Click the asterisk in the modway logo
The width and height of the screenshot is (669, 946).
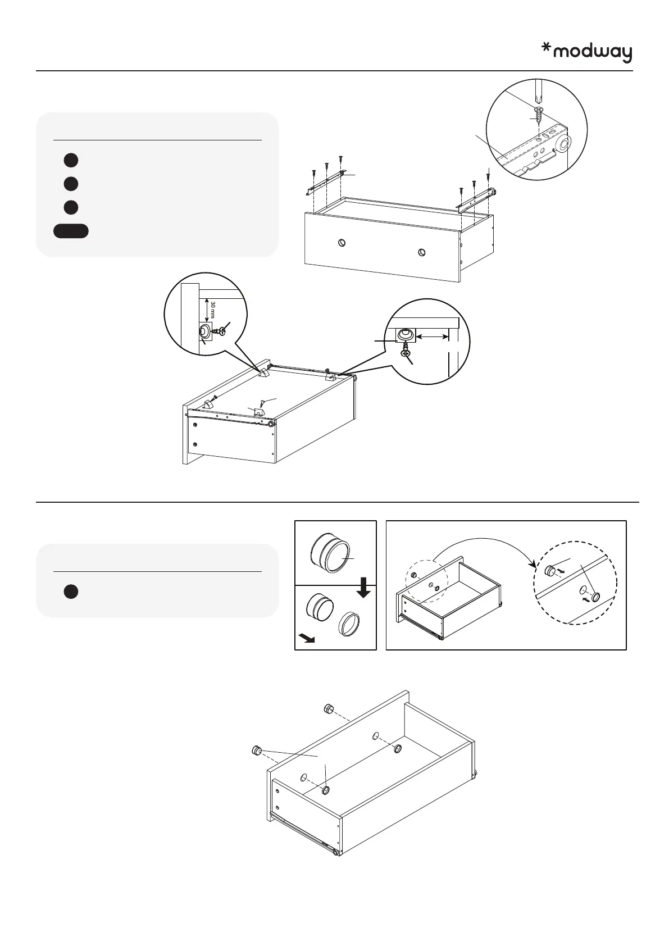[545, 49]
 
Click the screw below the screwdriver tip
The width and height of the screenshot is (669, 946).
[539, 115]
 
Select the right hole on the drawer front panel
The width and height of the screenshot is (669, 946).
[421, 252]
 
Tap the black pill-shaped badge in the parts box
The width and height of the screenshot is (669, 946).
[71, 231]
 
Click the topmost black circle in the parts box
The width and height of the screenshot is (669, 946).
[70, 160]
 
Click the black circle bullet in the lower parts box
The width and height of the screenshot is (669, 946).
[70, 592]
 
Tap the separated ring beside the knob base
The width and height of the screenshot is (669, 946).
[348, 624]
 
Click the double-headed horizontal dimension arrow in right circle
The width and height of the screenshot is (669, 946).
[433, 336]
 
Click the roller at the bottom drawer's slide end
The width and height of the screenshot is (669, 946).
[335, 868]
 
